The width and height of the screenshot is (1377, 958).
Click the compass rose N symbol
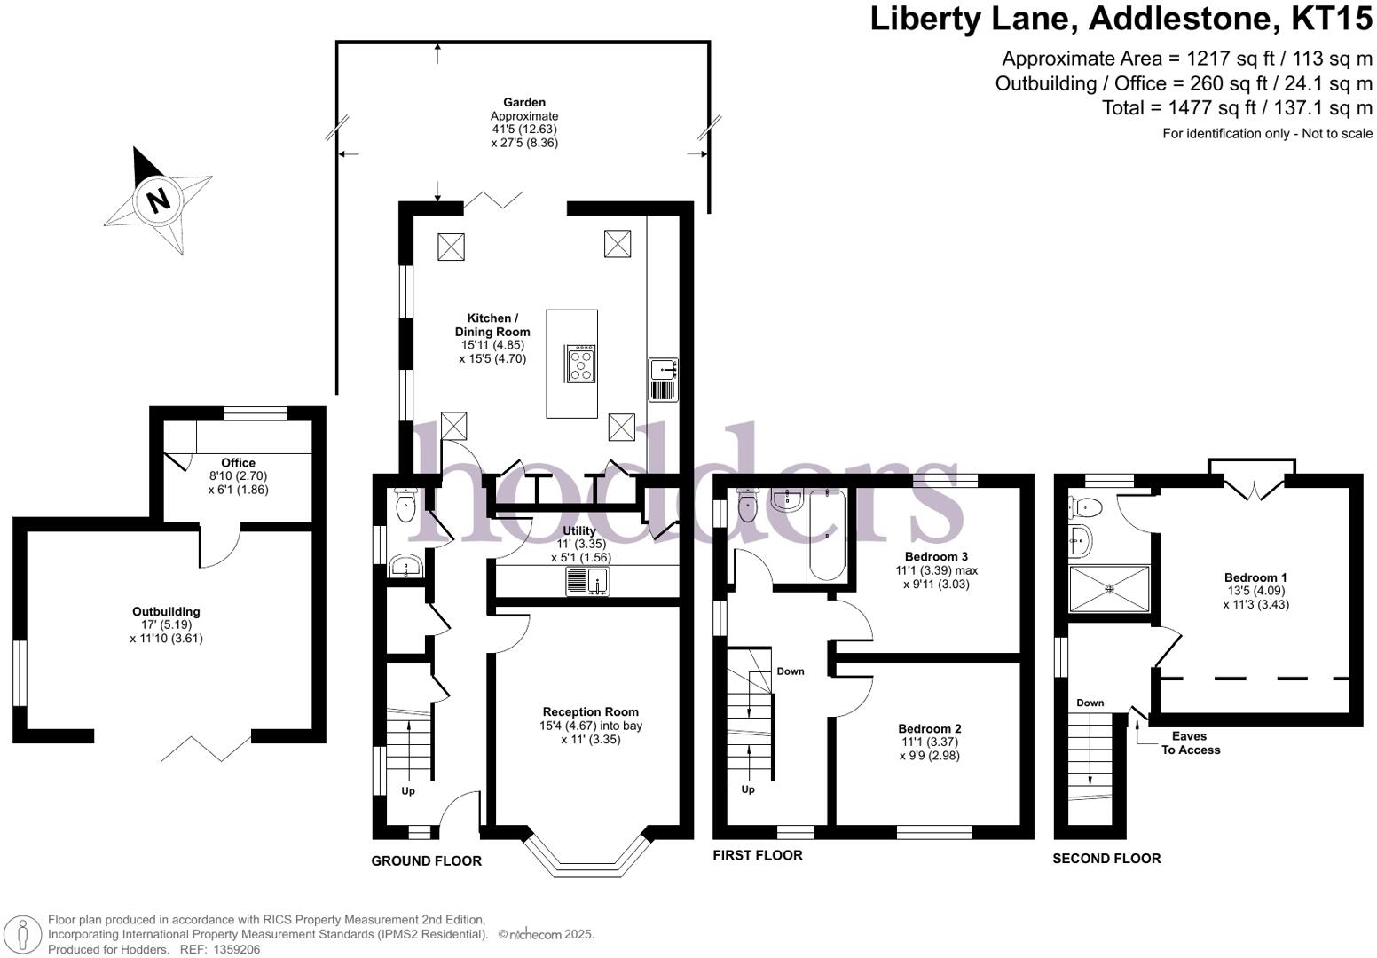(x=158, y=200)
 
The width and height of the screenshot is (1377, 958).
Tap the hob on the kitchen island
(x=581, y=364)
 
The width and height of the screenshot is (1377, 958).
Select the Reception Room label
(x=590, y=711)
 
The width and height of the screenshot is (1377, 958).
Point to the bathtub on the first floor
(x=827, y=537)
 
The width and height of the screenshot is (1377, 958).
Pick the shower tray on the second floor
(x=1109, y=588)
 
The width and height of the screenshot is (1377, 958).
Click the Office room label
(x=238, y=462)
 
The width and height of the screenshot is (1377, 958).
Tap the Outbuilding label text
(x=166, y=611)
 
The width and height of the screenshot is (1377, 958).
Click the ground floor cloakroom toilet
(x=405, y=507)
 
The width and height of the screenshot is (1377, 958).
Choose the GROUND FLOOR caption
(x=426, y=860)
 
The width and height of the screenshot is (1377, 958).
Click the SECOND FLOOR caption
(x=1106, y=858)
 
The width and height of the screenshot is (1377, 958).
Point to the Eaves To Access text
(x=1191, y=742)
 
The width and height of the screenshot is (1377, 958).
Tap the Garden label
(x=524, y=102)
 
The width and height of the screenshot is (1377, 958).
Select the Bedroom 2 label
(x=929, y=728)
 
